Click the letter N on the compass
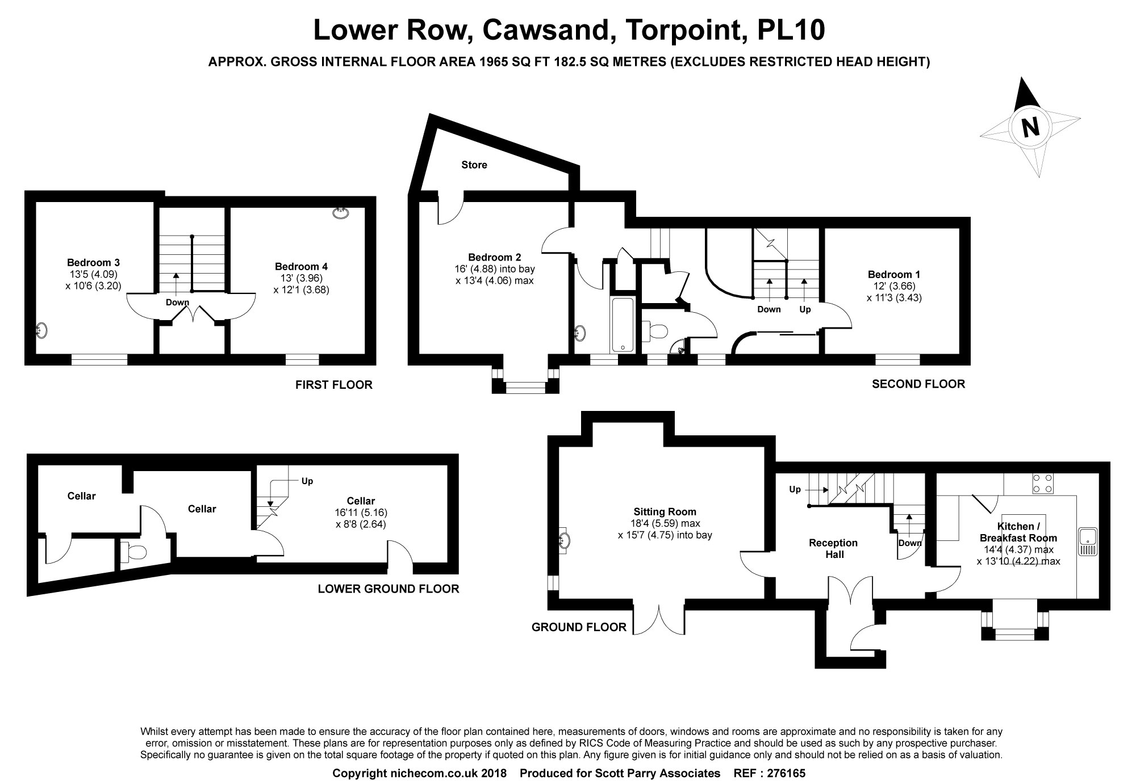pyautogui.click(x=1030, y=127)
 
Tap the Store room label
pyautogui.click(x=474, y=165)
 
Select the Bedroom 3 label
pyautogui.click(x=93, y=263)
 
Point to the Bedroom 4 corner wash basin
pyautogui.click(x=340, y=213)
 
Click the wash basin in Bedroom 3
pyautogui.click(x=41, y=330)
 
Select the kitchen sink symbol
pyautogui.click(x=1087, y=540)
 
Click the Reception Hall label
pyautogui.click(x=834, y=548)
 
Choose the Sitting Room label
pyautogui.click(x=665, y=512)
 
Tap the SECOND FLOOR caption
pyautogui.click(x=918, y=384)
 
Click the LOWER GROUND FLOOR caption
pyautogui.click(x=389, y=589)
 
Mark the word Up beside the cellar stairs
pyautogui.click(x=307, y=481)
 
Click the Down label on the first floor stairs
pyautogui.click(x=177, y=303)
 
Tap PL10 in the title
pyautogui.click(x=791, y=31)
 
